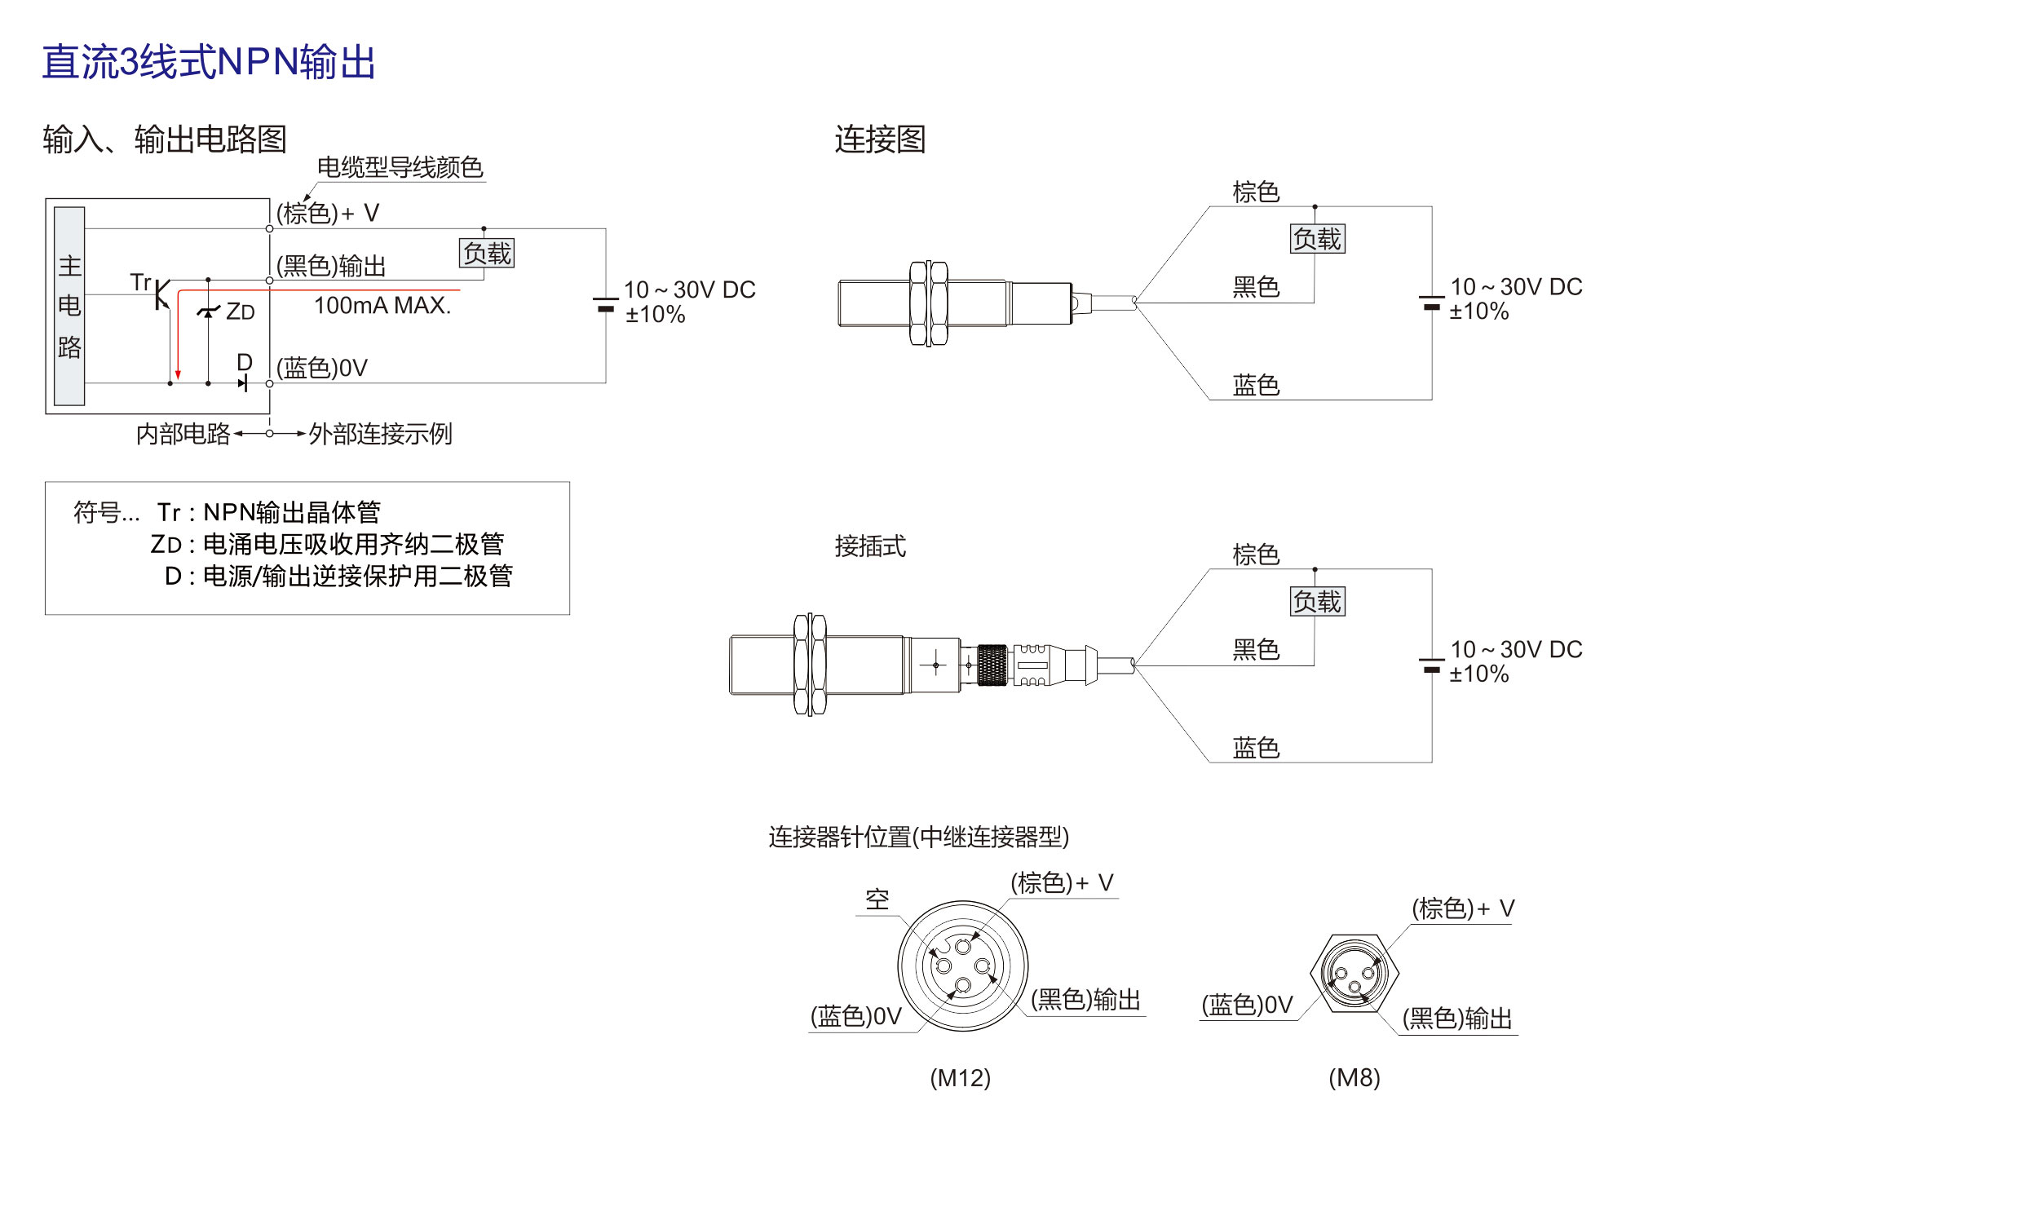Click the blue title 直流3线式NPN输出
point(208,62)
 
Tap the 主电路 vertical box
point(69,306)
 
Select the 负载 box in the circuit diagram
point(487,253)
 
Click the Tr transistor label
point(140,282)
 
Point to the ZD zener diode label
point(241,312)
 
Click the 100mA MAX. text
point(382,305)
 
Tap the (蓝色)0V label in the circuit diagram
point(322,368)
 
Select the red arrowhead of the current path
point(178,374)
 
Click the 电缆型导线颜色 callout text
point(400,167)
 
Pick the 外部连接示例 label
point(380,434)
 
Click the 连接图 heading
point(880,139)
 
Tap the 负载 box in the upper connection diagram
point(1318,239)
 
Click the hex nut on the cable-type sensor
point(928,303)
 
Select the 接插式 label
point(870,546)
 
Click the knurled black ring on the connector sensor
point(992,665)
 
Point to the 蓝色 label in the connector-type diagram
point(1257,748)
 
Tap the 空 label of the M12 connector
point(877,899)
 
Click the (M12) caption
point(960,1078)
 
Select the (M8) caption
point(1354,1078)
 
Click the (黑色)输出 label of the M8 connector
point(1457,1019)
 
